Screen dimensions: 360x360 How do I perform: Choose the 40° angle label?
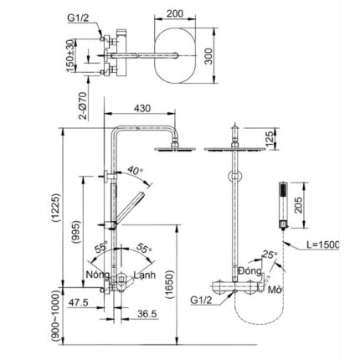point(136,172)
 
